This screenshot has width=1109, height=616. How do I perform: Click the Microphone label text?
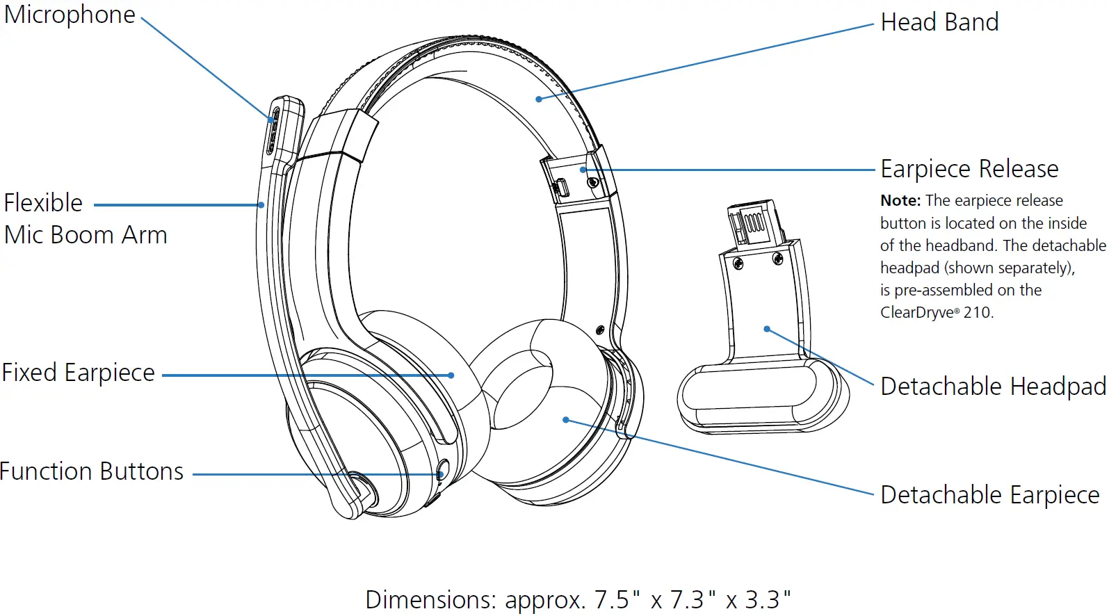70,15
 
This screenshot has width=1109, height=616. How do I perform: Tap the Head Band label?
939,22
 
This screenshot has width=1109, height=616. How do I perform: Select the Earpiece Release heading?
969,169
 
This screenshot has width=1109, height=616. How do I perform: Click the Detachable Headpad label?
993,387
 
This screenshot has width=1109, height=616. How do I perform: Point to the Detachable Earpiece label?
989,495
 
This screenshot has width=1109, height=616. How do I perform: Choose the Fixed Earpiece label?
79,373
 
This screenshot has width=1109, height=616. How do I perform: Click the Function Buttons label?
92,471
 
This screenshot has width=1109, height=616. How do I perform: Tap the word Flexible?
43,203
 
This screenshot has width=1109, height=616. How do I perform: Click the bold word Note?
900,200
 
